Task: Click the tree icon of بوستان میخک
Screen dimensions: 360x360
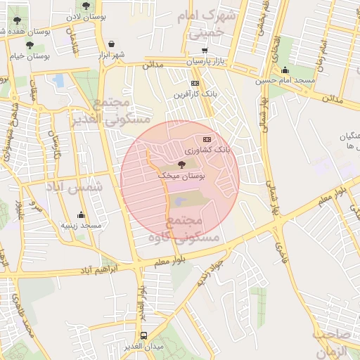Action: tap(182, 165)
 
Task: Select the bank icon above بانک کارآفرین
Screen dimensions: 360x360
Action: tap(195, 83)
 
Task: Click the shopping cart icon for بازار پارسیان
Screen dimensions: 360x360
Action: tap(205, 51)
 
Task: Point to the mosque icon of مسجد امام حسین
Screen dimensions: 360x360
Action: tap(285, 70)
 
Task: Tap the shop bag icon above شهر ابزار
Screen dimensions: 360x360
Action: tap(111, 44)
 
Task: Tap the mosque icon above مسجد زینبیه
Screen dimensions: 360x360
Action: tap(81, 215)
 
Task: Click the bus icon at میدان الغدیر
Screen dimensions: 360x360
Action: tap(143, 335)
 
